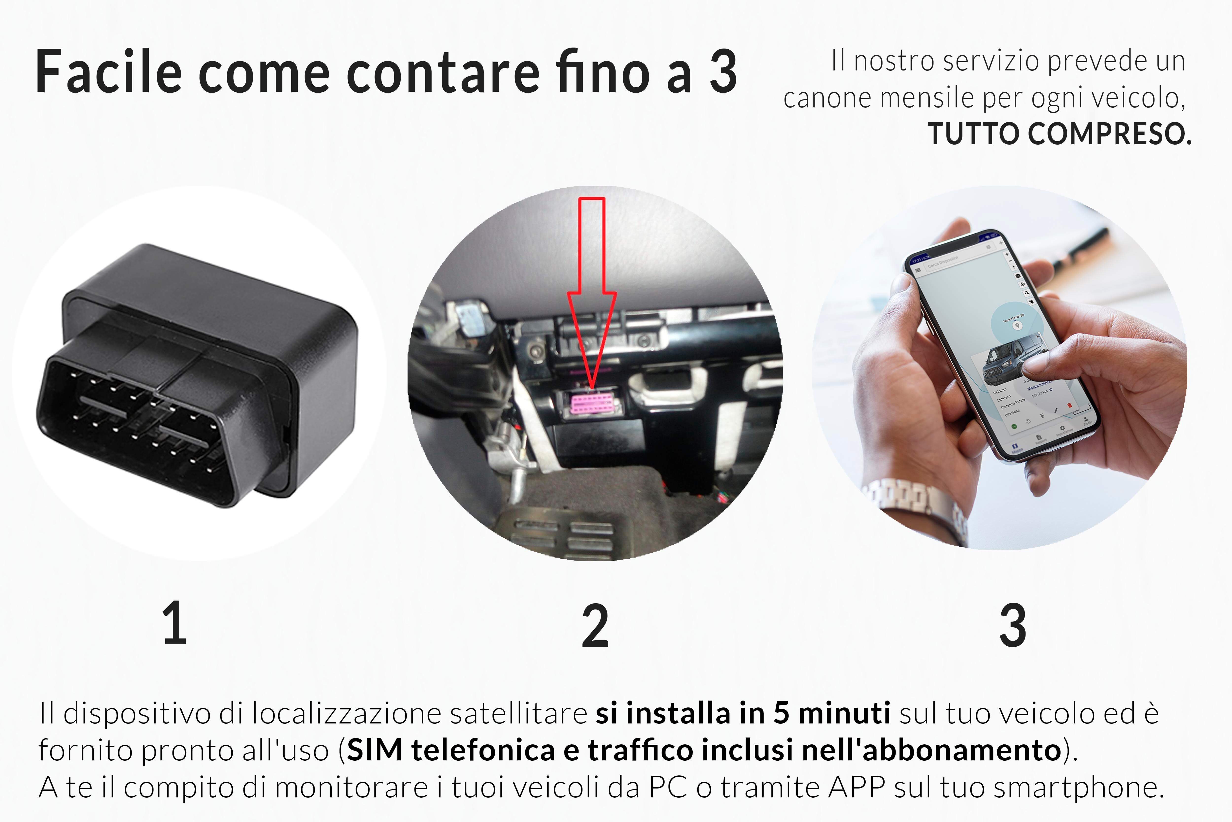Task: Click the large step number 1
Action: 175,624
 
